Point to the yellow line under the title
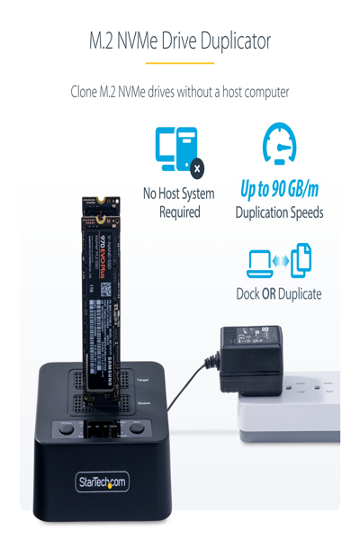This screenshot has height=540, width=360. (180, 63)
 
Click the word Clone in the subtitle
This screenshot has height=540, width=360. (88, 93)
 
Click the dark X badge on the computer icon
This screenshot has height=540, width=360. (197, 167)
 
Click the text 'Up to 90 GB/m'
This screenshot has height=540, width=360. (279, 190)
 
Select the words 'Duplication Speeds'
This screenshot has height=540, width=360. (279, 213)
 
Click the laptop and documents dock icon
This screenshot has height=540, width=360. (279, 260)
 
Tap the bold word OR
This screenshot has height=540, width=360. (268, 294)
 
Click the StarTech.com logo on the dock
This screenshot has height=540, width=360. (102, 483)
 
